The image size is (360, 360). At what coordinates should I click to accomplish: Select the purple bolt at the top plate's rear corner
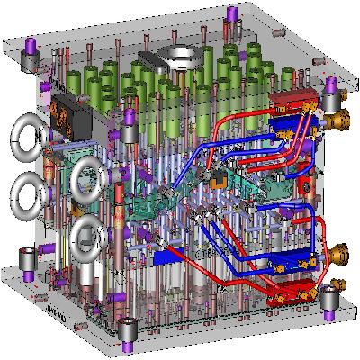pos(233,14)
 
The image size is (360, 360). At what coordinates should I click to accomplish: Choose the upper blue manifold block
pos(289,126)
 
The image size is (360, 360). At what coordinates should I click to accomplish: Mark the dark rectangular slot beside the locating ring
pos(153,61)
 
